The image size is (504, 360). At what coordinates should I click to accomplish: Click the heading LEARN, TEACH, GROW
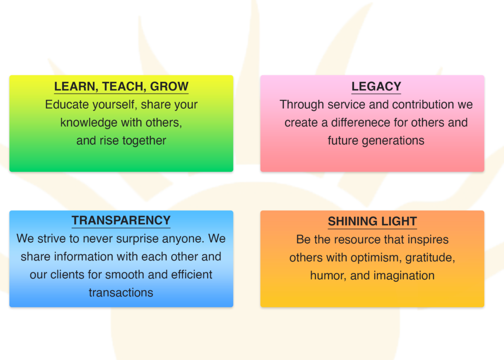(x=121, y=86)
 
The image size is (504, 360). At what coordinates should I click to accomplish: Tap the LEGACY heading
(x=376, y=86)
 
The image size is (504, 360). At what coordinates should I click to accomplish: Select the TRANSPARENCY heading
(x=121, y=220)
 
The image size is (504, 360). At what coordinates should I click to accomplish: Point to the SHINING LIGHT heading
(x=372, y=221)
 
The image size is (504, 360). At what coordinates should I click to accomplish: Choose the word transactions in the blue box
(x=121, y=293)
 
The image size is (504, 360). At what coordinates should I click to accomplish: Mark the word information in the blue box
(x=83, y=257)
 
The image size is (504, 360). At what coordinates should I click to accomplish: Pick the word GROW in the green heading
(x=169, y=86)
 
